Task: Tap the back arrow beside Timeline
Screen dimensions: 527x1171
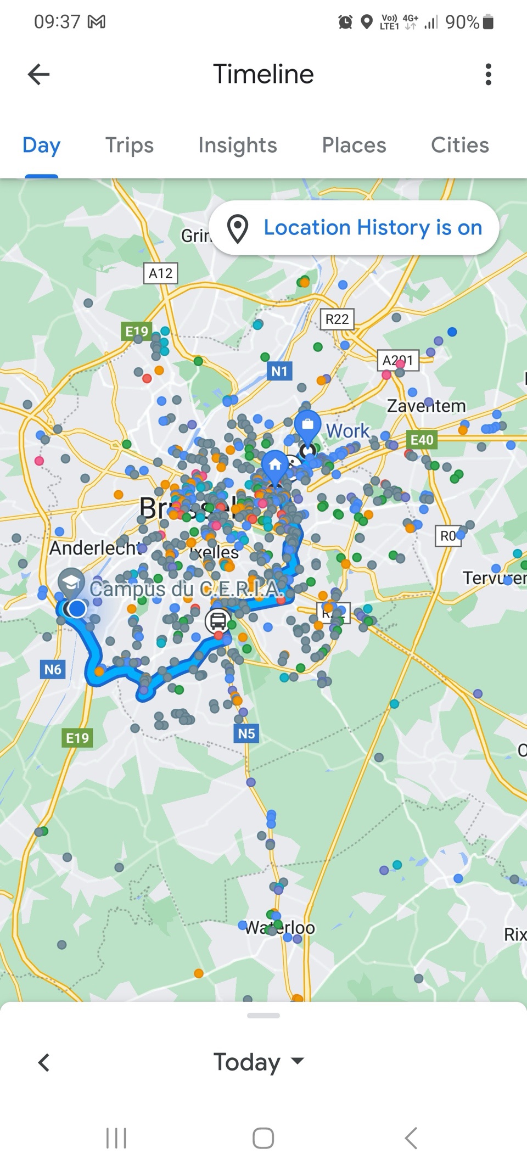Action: pyautogui.click(x=38, y=74)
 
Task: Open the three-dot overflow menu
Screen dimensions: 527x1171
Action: pyautogui.click(x=488, y=74)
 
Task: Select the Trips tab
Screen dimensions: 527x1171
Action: pyautogui.click(x=129, y=145)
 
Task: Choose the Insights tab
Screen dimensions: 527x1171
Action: pyautogui.click(x=237, y=145)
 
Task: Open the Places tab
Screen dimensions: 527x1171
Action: pyautogui.click(x=354, y=145)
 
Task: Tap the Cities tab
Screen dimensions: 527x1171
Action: pyautogui.click(x=459, y=145)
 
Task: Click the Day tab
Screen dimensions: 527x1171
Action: pyautogui.click(x=41, y=145)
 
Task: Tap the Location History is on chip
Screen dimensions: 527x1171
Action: pyautogui.click(x=354, y=228)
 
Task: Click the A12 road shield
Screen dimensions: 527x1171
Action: pyautogui.click(x=160, y=273)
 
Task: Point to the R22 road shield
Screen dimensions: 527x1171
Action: pyautogui.click(x=337, y=319)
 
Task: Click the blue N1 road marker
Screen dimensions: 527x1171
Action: pyautogui.click(x=279, y=371)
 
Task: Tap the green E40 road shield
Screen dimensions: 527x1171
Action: pyautogui.click(x=422, y=440)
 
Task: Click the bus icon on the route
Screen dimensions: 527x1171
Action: pyautogui.click(x=217, y=621)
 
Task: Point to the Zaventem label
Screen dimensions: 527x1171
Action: pyautogui.click(x=426, y=406)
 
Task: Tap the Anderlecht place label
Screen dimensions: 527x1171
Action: pyautogui.click(x=94, y=548)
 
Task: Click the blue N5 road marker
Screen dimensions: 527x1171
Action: pyautogui.click(x=246, y=733)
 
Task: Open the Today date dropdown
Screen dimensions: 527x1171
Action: pyautogui.click(x=258, y=1062)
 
